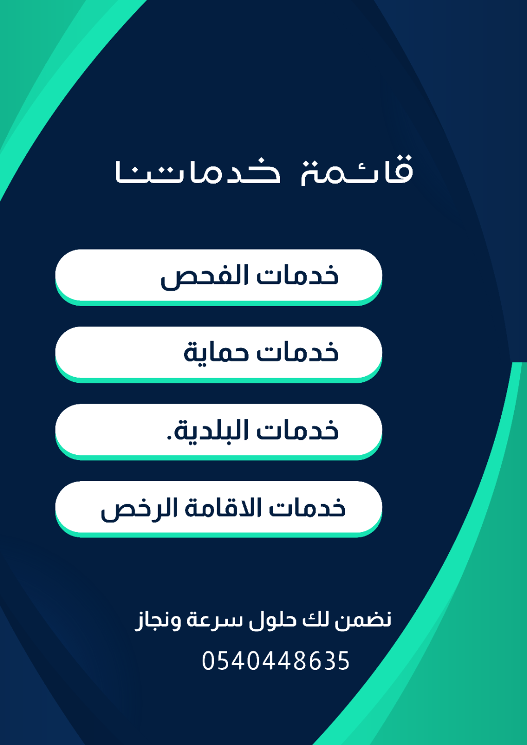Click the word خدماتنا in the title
[x=198, y=172]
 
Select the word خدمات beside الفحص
[x=297, y=276]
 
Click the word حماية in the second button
[x=216, y=352]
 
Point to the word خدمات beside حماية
[x=297, y=352]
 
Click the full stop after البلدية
[x=169, y=437]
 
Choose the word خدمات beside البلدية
[x=297, y=430]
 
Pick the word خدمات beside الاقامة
[x=307, y=507]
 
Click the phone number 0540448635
[x=276, y=660]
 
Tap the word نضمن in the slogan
[x=363, y=620]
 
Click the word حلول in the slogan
[x=273, y=620]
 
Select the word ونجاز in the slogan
[x=157, y=620]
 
